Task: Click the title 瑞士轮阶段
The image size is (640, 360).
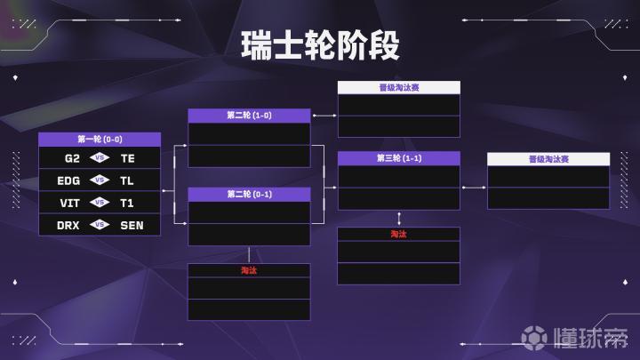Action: pos(320,45)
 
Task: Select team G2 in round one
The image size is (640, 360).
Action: pos(72,158)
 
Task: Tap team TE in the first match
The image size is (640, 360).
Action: pos(128,158)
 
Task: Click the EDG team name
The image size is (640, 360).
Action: pos(68,180)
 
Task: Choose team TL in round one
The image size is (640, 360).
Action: pos(127,180)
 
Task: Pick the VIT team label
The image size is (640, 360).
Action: pos(70,204)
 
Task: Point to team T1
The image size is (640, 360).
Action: pos(127,204)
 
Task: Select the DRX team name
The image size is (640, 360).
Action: pos(68,225)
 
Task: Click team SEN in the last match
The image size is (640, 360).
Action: pos(132,225)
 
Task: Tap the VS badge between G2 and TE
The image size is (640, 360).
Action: pos(100,157)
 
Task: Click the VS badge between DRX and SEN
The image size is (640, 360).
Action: pos(100,225)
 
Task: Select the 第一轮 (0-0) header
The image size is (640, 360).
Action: pos(100,140)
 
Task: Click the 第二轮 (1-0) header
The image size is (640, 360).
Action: pos(249,116)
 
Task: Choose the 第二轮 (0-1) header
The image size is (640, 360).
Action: pos(249,195)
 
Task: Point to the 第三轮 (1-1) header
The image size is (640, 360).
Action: pos(399,158)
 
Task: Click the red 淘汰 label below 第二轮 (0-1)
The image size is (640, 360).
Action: pos(249,270)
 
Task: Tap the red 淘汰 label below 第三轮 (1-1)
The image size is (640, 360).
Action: pos(399,235)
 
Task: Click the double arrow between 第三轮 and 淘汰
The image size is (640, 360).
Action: pos(399,219)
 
